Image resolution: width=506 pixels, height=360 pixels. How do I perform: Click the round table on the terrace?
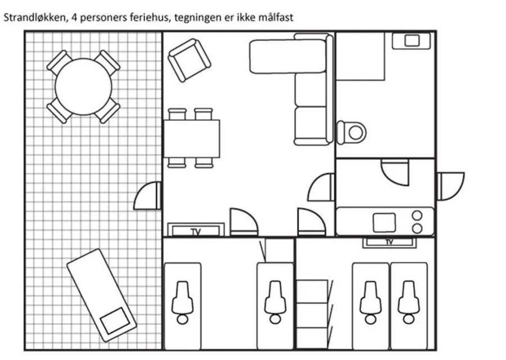pyautogui.click(x=83, y=87)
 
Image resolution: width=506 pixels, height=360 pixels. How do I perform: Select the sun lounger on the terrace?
pyautogui.click(x=101, y=295)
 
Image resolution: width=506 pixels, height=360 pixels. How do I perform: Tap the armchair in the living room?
pyautogui.click(x=189, y=60)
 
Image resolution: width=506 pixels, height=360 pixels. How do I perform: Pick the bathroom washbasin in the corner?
pyautogui.click(x=412, y=40)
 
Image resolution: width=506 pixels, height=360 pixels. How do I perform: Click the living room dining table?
pyautogui.click(x=192, y=139)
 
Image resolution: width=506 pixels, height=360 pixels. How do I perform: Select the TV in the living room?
pyautogui.click(x=196, y=230)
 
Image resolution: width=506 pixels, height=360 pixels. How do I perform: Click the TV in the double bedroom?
pyautogui.click(x=390, y=242)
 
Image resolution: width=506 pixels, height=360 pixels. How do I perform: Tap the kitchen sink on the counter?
pyautogui.click(x=385, y=222)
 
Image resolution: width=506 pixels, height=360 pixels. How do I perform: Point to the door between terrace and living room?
pyautogui.click(x=148, y=196)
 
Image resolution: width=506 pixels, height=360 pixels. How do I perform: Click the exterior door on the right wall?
pyautogui.click(x=450, y=186)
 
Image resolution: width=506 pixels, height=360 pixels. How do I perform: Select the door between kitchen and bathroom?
pyautogui.click(x=395, y=172)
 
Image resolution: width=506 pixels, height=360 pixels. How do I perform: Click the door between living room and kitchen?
pyautogui.click(x=322, y=187)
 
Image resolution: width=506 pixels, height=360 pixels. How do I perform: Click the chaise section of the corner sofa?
pyautogui.click(x=287, y=56)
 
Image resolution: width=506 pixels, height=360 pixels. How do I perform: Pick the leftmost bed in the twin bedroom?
pyautogui.click(x=182, y=306)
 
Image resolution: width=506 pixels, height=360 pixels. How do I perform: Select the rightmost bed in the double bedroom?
pyautogui.click(x=409, y=306)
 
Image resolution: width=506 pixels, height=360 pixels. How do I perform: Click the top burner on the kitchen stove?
pyautogui.click(x=417, y=215)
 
